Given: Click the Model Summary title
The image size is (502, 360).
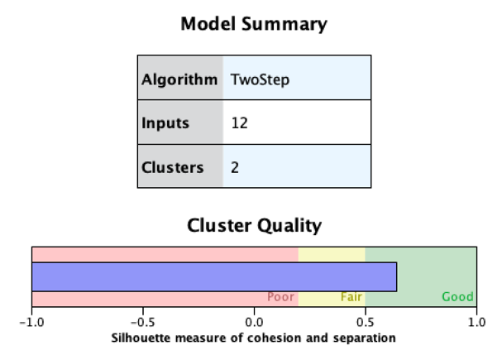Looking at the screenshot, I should pyautogui.click(x=253, y=24).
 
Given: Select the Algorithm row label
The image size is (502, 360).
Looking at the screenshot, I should pyautogui.click(x=179, y=80).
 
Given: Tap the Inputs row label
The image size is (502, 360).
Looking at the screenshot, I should pyautogui.click(x=165, y=123).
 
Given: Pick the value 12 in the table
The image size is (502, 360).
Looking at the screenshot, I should pyautogui.click(x=240, y=123).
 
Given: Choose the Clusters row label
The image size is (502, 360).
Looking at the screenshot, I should pyautogui.click(x=172, y=167).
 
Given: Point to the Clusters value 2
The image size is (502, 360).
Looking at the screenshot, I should pyautogui.click(x=236, y=167).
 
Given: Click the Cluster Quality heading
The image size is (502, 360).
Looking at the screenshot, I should pyautogui.click(x=254, y=225).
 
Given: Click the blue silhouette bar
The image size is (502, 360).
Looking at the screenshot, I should pyautogui.click(x=214, y=276).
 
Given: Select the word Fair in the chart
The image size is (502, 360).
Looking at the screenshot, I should pyautogui.click(x=352, y=297).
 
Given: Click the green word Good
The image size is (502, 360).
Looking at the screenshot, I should pyautogui.click(x=457, y=297).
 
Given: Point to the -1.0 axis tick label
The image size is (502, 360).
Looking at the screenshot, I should pyautogui.click(x=31, y=322).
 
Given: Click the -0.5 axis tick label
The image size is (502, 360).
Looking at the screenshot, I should pyautogui.click(x=142, y=322).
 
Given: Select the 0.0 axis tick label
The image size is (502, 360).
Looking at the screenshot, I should pyautogui.click(x=254, y=322).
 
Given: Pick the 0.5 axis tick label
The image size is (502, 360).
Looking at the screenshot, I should pyautogui.click(x=365, y=322).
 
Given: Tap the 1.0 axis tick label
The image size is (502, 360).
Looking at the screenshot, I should pyautogui.click(x=476, y=322).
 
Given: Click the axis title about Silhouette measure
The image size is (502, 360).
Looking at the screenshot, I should pyautogui.click(x=253, y=338).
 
